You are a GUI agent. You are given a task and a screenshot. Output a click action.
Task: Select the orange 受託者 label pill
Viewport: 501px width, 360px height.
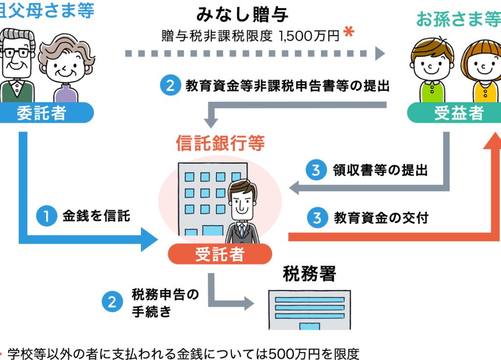(220, 254)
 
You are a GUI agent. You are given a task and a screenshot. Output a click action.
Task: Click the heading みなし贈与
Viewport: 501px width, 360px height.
(242, 15)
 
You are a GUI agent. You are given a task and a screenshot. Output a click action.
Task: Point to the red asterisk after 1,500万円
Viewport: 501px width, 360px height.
(348, 32)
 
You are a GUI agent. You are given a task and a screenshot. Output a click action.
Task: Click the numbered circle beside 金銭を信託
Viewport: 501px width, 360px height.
(46, 216)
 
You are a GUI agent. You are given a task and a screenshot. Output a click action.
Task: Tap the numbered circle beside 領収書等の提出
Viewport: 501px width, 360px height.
(316, 170)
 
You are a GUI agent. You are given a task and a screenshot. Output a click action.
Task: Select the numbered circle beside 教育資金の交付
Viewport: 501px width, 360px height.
(317, 218)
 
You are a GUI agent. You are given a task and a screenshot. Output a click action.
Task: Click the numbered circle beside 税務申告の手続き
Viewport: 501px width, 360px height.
(112, 302)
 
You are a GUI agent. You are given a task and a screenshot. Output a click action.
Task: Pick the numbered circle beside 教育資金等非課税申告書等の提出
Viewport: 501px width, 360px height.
(171, 85)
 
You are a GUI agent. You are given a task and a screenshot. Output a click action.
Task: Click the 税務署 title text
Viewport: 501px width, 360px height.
(309, 274)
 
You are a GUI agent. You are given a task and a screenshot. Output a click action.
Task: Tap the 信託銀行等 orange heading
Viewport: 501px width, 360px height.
(220, 143)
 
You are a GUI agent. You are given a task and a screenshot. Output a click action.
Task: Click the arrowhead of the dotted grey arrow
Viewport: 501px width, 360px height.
(380, 53)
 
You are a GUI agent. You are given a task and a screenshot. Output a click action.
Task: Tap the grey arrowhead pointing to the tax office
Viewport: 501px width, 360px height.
(249, 303)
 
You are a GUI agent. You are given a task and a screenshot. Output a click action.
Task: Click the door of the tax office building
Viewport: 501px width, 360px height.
(309, 326)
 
